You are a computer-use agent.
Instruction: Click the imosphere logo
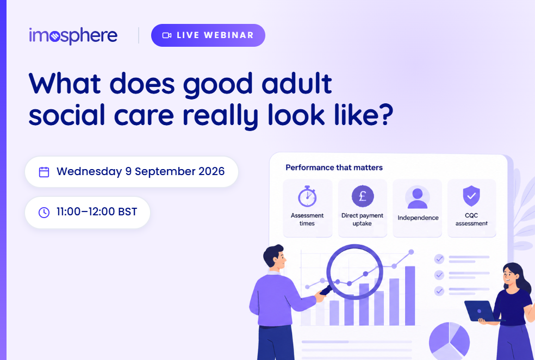click(73, 35)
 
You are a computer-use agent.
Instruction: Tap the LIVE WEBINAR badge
click(208, 35)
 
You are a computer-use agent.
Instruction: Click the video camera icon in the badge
click(166, 35)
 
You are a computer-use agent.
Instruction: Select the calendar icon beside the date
click(44, 172)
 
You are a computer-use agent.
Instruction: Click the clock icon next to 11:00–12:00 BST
click(44, 212)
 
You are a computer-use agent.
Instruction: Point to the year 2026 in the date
click(211, 171)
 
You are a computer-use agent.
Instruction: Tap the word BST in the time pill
click(127, 212)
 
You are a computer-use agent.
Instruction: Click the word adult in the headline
click(296, 83)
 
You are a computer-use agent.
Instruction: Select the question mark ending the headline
click(385, 115)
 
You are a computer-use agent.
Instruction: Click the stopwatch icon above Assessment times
click(307, 196)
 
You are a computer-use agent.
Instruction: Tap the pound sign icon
click(363, 196)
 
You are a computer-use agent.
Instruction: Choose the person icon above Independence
click(417, 197)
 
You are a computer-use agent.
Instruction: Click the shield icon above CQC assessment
click(471, 196)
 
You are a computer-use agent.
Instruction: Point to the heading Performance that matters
click(334, 167)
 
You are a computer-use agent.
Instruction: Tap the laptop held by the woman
click(480, 311)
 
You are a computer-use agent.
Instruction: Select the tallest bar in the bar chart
click(410, 295)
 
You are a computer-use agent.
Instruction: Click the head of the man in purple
click(275, 257)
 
